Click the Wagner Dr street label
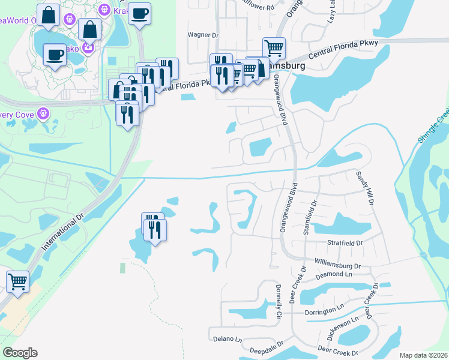coord(202,35)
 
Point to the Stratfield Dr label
coord(345,244)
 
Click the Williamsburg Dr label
coord(337,264)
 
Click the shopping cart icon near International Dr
coord(18,280)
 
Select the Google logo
coord(19,353)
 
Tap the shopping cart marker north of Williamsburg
coord(274,47)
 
